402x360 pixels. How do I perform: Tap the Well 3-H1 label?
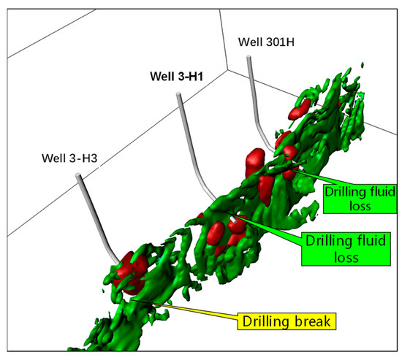pyautogui.click(x=178, y=75)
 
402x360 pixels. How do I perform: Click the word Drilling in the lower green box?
pyautogui.click(x=324, y=240)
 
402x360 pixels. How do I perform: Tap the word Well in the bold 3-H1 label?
pyautogui.click(x=162, y=75)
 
